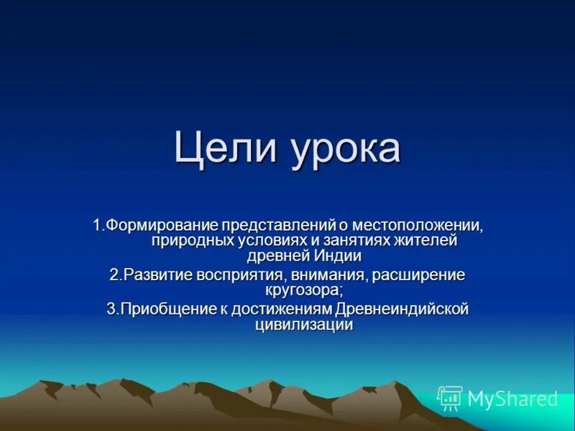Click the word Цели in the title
220,149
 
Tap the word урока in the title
345,149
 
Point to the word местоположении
425,226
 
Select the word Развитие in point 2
158,275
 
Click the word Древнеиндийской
402,310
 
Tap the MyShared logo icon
449,398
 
